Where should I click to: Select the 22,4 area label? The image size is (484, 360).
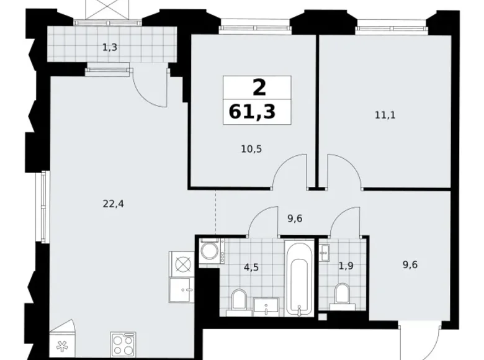coord(114,202)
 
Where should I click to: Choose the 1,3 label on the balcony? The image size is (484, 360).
coord(110,46)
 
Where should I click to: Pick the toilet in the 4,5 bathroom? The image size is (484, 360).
coord(239,300)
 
